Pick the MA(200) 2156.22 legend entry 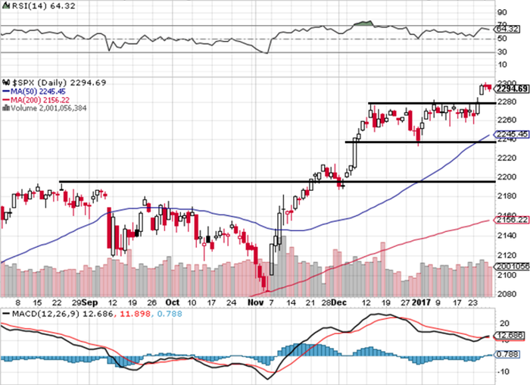point(39,99)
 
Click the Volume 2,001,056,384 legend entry point(47,108)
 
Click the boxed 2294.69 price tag point(512,89)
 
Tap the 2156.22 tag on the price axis point(512,219)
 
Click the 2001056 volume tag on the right point(512,267)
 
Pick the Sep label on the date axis point(90,302)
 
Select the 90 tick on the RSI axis point(502,13)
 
